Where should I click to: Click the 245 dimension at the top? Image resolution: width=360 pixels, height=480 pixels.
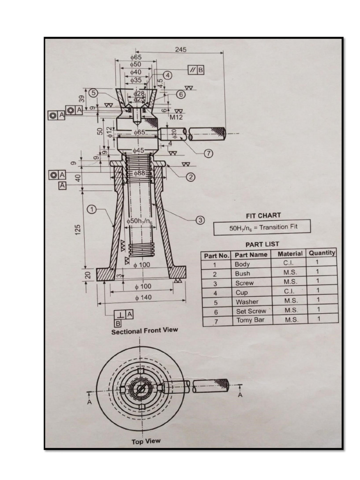180,49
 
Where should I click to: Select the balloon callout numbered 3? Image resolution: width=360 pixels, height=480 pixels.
199,220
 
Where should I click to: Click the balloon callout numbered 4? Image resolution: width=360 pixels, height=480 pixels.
167,75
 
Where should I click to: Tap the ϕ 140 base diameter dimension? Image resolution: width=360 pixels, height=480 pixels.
143,298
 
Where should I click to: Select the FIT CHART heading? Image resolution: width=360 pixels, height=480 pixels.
263,216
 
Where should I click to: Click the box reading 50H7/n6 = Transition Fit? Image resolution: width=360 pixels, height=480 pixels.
262,228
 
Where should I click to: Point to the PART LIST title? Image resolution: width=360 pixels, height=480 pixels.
262,244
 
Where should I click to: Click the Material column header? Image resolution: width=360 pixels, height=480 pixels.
290,254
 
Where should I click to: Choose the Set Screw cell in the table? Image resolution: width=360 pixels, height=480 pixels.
251,311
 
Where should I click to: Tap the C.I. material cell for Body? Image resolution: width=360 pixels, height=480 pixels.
288,263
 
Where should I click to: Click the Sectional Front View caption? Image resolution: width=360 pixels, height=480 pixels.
144,330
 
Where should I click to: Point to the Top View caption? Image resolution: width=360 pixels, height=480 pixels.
145,441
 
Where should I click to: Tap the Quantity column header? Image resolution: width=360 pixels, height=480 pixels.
322,253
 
